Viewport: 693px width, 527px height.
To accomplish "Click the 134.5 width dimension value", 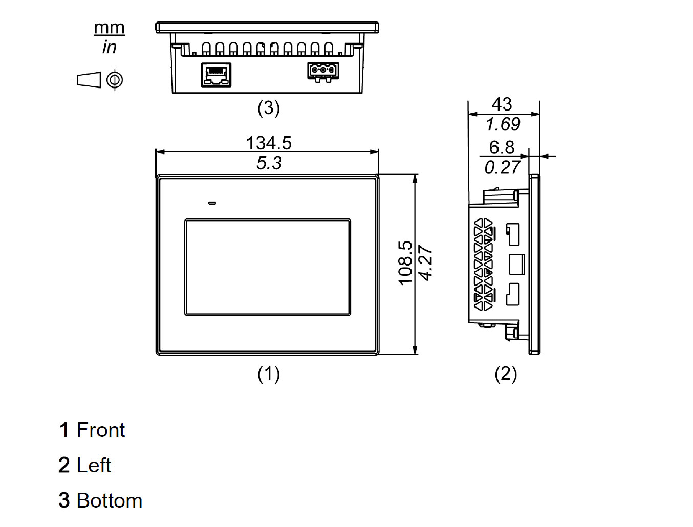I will [x=269, y=143].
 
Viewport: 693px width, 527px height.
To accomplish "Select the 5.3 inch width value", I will [x=269, y=163].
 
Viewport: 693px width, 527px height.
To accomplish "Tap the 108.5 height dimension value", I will [x=405, y=263].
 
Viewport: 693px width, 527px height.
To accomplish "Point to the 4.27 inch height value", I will [x=426, y=263].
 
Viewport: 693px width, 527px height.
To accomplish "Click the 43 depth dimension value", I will [x=502, y=104].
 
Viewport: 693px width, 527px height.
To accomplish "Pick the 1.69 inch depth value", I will [x=503, y=124].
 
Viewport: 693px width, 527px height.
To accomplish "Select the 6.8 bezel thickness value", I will [x=502, y=147].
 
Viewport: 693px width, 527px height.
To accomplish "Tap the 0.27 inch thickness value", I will [x=502, y=167].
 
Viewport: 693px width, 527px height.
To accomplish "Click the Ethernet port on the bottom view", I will [x=216, y=75].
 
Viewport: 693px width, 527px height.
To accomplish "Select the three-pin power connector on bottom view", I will [x=323, y=71].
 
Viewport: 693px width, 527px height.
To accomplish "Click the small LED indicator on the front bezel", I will [x=212, y=203].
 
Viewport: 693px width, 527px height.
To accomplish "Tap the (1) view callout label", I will [x=269, y=374].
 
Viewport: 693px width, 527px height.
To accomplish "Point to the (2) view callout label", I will [x=506, y=374].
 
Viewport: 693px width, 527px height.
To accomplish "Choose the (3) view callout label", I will [x=269, y=108].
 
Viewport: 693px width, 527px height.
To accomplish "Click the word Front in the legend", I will [x=100, y=430].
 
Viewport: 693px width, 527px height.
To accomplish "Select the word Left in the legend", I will [x=94, y=466].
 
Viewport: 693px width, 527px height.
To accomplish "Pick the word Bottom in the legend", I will [x=109, y=501].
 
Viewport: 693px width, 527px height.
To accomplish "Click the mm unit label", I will [x=109, y=28].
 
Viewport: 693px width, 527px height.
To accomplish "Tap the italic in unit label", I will [x=109, y=48].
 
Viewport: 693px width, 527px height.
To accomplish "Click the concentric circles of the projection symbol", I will [x=115, y=79].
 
